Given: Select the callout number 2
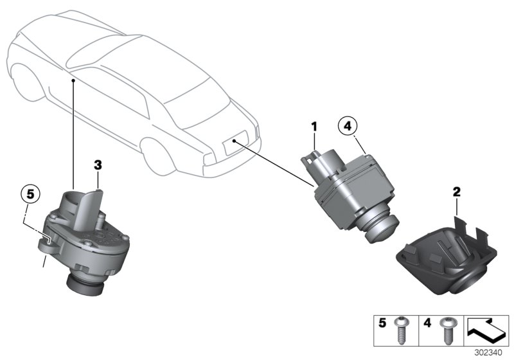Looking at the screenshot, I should (456, 191).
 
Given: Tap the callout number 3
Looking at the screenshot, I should (97, 165).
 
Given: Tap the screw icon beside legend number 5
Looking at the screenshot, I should (402, 330).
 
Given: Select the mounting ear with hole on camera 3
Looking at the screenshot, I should (45, 242).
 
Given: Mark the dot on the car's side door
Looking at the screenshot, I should (75, 80).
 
